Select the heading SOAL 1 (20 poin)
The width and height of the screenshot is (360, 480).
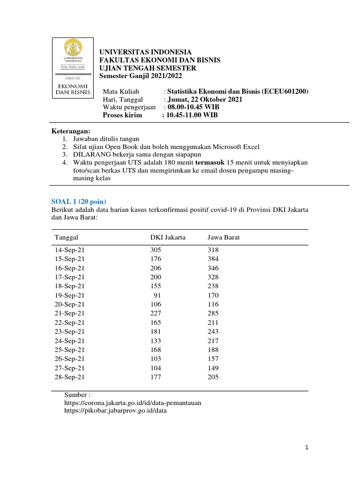click(x=77, y=201)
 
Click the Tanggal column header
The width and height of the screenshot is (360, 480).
click(x=67, y=238)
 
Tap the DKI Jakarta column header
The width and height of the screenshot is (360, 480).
click(x=168, y=238)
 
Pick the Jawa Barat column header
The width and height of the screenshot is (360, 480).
click(x=224, y=238)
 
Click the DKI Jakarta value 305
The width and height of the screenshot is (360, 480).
click(x=156, y=250)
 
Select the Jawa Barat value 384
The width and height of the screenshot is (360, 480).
click(x=213, y=259)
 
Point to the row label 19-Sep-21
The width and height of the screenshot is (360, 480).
click(x=70, y=295)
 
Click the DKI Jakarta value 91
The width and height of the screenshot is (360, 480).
click(x=157, y=295)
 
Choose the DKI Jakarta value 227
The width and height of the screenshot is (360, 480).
click(x=156, y=314)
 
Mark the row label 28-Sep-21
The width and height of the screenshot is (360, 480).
click(x=70, y=377)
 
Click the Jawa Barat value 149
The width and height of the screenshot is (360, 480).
click(x=213, y=368)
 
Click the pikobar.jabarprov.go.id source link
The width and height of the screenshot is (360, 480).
click(x=115, y=411)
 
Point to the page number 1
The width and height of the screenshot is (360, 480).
click(x=307, y=448)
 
